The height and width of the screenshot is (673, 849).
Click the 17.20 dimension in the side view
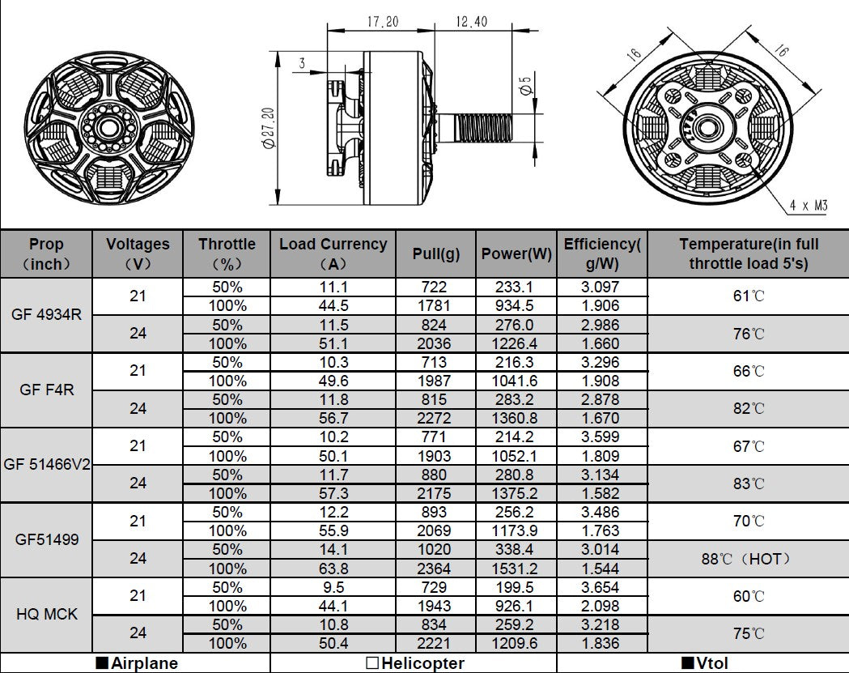(383, 22)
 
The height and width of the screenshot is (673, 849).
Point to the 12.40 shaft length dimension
(471, 22)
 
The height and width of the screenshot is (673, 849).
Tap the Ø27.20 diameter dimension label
(269, 127)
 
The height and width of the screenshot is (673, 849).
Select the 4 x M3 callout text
(809, 206)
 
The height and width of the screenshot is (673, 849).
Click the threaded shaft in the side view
(483, 127)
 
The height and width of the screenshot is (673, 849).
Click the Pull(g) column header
(436, 253)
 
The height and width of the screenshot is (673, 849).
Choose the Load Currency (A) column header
(333, 253)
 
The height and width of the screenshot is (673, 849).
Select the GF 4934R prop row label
(46, 315)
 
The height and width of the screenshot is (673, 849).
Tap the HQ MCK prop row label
(47, 615)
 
